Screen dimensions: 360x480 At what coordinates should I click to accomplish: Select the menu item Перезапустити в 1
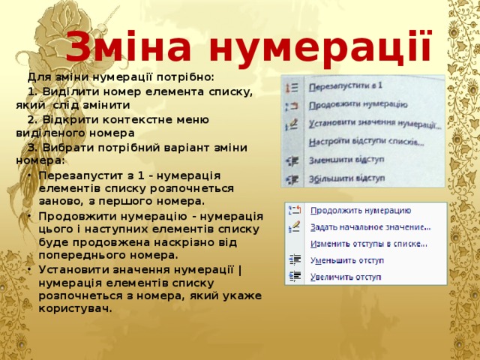(x=346, y=87)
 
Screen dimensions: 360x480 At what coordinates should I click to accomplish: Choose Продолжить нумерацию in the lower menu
(x=360, y=211)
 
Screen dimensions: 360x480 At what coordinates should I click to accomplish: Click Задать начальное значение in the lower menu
(x=370, y=226)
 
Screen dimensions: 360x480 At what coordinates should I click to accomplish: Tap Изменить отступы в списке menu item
(x=369, y=243)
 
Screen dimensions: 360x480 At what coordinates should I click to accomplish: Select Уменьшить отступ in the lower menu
(x=347, y=260)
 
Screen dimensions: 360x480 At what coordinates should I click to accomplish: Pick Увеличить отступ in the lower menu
(x=347, y=277)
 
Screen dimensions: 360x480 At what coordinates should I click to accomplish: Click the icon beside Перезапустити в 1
(x=293, y=88)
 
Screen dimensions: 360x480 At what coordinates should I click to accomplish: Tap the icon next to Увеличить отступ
(x=295, y=276)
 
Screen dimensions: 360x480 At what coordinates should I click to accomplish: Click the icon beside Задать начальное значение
(x=295, y=226)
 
